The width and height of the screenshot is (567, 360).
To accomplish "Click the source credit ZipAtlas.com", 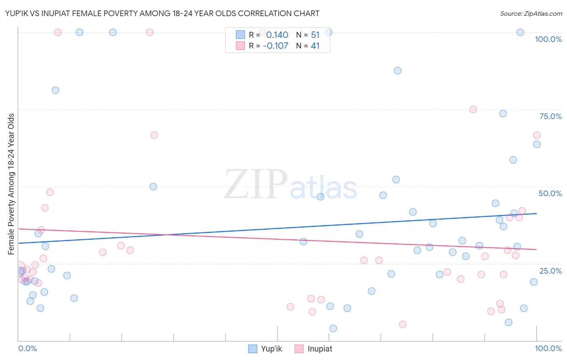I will click(531, 14).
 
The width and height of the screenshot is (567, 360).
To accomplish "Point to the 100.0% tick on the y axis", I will click(548, 40).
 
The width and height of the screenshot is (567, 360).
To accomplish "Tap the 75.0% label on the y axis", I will click(550, 117).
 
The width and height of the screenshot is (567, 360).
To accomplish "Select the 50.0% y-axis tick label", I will click(550, 194).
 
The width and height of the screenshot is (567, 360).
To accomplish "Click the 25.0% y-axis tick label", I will click(550, 271).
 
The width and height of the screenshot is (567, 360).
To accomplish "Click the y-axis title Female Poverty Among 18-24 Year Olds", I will click(11, 184).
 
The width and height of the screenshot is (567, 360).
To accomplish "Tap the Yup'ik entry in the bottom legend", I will click(271, 349).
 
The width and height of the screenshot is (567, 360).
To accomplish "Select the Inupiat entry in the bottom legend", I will click(319, 349).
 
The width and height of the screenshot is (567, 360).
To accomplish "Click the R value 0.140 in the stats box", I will click(277, 35).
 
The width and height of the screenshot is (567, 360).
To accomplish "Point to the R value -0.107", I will click(275, 46).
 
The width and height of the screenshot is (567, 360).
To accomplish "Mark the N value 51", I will click(315, 35).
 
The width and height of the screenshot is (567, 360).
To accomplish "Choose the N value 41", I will click(315, 46).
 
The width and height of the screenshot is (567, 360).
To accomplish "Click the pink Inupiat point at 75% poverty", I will click(473, 109).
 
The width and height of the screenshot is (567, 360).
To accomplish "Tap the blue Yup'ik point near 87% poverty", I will click(398, 71).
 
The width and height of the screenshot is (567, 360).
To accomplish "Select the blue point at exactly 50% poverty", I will click(153, 186).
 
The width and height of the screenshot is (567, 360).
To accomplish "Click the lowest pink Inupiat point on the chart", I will click(402, 324).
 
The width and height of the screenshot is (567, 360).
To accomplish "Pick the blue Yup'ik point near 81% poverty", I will click(56, 90).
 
